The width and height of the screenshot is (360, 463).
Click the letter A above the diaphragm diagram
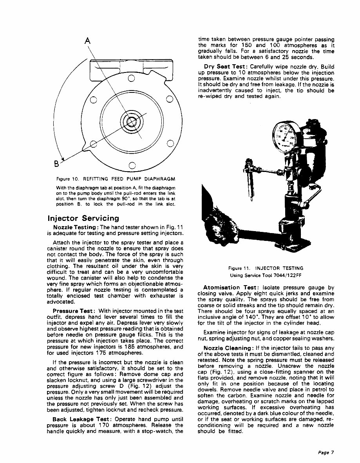click(x=88, y=41)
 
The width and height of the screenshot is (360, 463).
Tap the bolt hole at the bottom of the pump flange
click(x=131, y=165)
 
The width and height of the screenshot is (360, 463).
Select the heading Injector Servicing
click(x=83, y=218)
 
